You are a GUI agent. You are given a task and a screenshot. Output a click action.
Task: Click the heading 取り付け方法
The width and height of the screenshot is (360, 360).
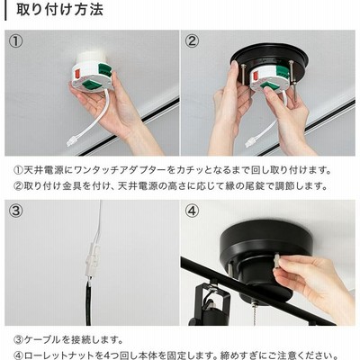pyautogui.click(x=59, y=10)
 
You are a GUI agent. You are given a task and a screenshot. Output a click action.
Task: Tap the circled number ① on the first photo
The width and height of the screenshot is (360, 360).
pyautogui.click(x=15, y=41)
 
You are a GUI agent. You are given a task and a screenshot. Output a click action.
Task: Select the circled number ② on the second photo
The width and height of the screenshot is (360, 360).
pyautogui.click(x=192, y=41)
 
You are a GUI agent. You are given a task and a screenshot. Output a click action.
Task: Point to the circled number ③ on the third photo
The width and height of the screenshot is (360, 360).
pyautogui.click(x=15, y=211)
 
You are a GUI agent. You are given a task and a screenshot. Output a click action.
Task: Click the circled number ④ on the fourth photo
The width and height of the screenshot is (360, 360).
pyautogui.click(x=192, y=211)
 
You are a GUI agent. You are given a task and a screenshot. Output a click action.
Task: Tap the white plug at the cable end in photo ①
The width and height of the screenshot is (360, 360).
pyautogui.click(x=72, y=141)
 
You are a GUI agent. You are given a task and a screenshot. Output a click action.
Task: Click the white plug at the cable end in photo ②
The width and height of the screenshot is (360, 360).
pyautogui.click(x=251, y=142)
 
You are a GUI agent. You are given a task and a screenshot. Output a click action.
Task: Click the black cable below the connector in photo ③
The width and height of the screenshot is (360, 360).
pyautogui.click(x=88, y=302)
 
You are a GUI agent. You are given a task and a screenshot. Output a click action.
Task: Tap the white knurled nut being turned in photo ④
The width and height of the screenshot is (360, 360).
pyautogui.click(x=276, y=262)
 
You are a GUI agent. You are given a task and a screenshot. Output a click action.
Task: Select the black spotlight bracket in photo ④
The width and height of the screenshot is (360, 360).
pyautogui.click(x=210, y=300)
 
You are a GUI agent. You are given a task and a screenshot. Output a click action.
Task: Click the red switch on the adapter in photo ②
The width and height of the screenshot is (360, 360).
pyautogui.click(x=256, y=76)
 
